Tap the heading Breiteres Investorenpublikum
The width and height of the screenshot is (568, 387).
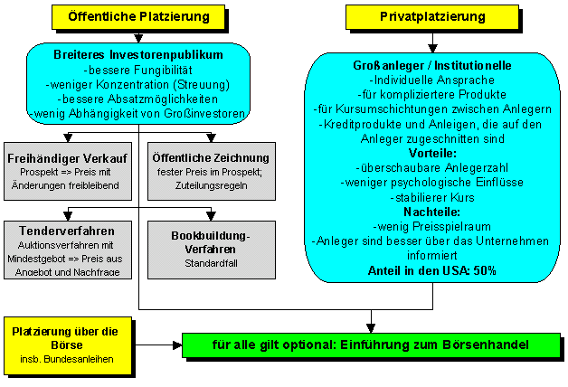coord(137,55)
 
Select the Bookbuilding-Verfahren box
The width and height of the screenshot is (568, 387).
coord(212,249)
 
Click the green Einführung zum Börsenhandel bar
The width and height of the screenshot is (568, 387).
coord(371,345)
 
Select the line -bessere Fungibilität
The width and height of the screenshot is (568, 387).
coord(137,70)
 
